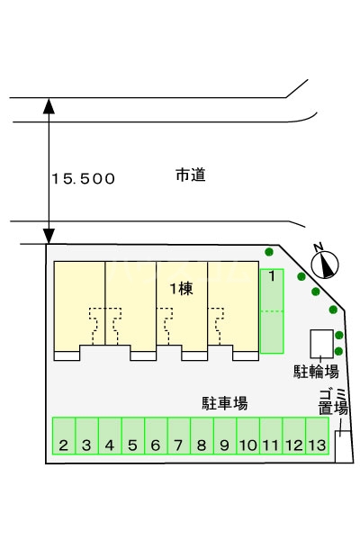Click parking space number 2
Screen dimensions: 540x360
click(64, 436)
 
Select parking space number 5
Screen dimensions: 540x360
click(132, 436)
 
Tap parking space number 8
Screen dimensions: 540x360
click(202, 436)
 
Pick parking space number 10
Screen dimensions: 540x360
click(247, 436)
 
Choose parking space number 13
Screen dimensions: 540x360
click(316, 436)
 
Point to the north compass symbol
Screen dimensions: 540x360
click(326, 264)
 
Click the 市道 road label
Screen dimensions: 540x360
click(190, 175)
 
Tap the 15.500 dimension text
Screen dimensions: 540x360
click(83, 179)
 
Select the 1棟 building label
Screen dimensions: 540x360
click(181, 289)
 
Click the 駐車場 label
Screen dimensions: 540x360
click(225, 403)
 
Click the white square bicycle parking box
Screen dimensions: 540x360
click(320, 344)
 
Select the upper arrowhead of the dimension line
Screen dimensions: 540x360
click(49, 105)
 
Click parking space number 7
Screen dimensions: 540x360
click(178, 436)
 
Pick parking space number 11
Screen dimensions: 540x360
click(270, 436)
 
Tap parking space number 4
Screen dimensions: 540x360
click(110, 436)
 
